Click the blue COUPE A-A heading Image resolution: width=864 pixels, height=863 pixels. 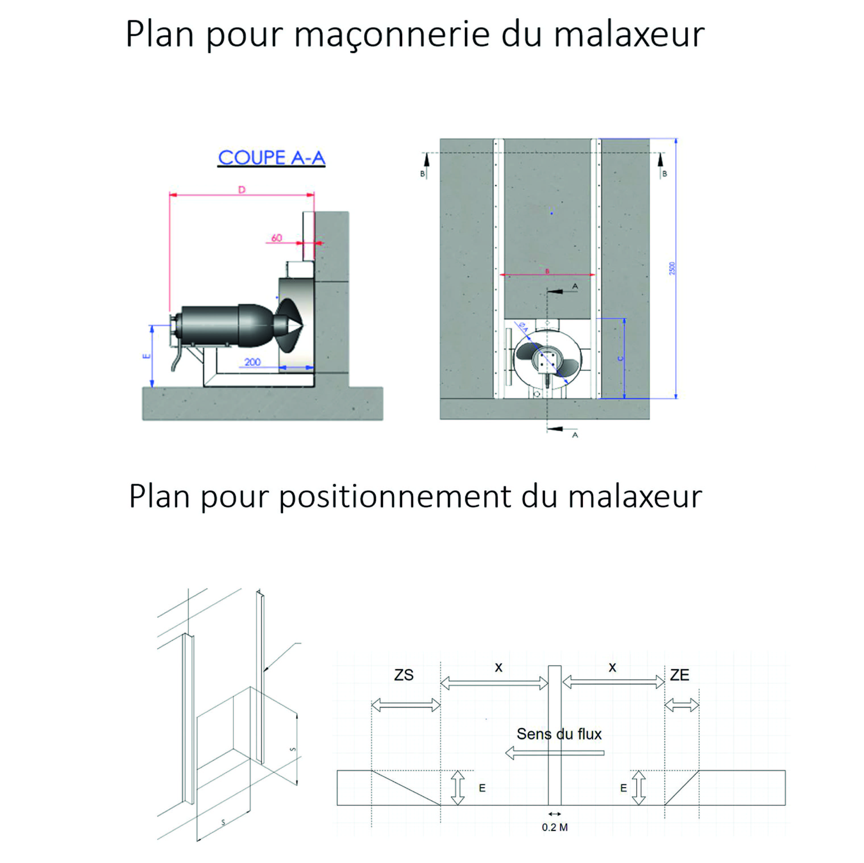coord(271,158)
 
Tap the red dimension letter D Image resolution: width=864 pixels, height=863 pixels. coord(242,190)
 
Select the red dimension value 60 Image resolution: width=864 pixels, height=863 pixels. coord(277,238)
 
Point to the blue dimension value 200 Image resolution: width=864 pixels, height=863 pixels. coord(253,362)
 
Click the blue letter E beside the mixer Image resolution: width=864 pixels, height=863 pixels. coord(146,356)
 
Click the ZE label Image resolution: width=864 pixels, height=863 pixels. coord(679,675)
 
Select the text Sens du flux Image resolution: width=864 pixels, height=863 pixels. coord(559,734)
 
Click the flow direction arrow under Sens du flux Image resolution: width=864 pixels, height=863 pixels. coord(554,753)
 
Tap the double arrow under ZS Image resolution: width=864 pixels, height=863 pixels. coord(406,705)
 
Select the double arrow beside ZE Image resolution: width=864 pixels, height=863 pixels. coord(682,705)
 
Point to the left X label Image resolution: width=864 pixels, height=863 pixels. coord(499,668)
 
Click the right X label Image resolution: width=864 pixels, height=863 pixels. coord(612,668)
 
